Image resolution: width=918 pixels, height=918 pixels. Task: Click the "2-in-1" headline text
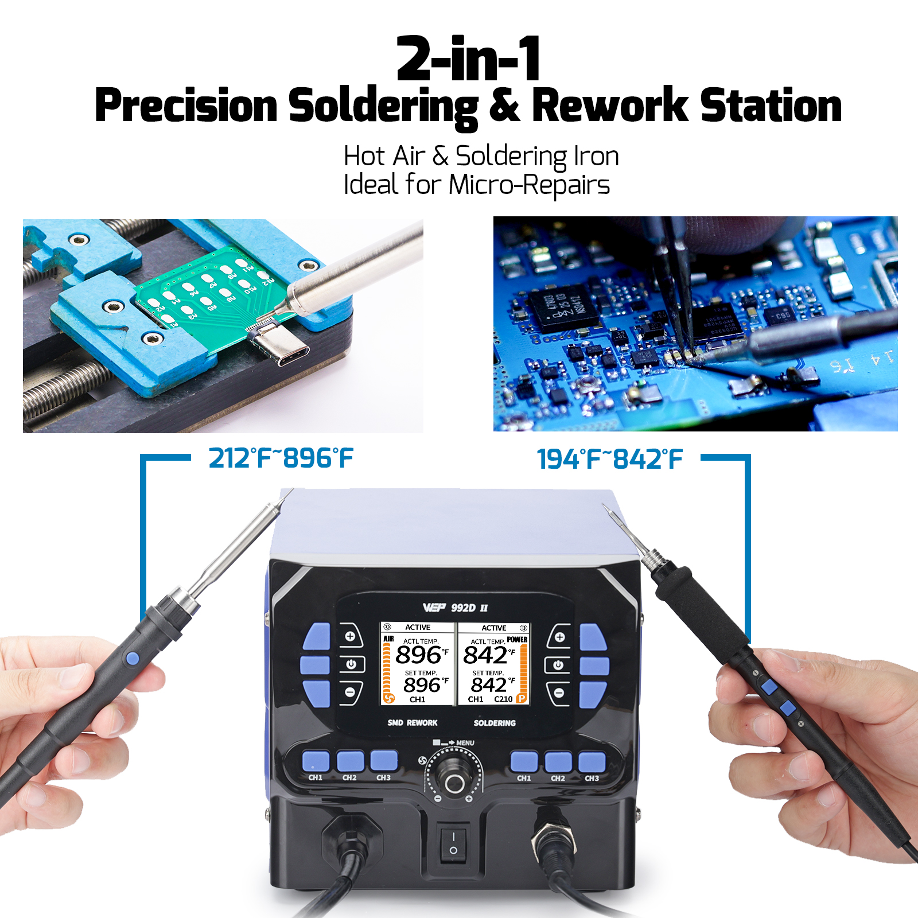(468, 59)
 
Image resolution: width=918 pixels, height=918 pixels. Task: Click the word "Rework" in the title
(609, 106)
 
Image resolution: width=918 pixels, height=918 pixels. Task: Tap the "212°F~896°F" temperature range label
(281, 458)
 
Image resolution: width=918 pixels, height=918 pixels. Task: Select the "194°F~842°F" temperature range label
(609, 460)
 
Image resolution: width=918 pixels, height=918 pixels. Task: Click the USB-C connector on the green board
(281, 347)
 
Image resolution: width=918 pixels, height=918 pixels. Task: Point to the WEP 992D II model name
(456, 608)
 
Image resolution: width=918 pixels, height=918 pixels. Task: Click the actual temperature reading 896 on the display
(418, 655)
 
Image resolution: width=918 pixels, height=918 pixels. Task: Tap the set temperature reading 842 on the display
(489, 684)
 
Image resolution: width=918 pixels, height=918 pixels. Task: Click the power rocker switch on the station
(453, 843)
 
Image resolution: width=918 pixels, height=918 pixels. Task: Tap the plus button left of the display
(350, 636)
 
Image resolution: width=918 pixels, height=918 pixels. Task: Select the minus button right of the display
(558, 693)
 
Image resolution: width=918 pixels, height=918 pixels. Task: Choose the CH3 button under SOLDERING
(592, 763)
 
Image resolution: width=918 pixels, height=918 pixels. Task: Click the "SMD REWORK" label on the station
(412, 723)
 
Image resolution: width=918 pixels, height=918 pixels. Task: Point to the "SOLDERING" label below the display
(494, 723)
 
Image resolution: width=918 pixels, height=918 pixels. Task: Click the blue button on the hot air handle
(133, 659)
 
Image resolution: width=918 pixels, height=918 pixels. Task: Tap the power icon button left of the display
(351, 664)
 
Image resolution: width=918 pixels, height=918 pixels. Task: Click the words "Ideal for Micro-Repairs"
(476, 185)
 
